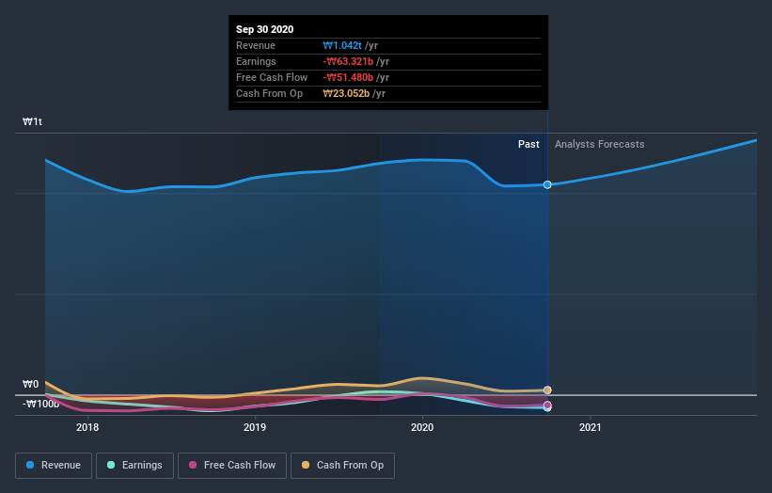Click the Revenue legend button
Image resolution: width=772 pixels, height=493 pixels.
tap(55, 465)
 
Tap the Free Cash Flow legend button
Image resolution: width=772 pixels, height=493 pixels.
tap(230, 465)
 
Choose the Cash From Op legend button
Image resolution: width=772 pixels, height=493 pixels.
tap(342, 465)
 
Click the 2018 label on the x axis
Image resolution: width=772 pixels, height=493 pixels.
tap(87, 427)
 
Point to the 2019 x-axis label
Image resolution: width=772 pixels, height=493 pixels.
tap(255, 427)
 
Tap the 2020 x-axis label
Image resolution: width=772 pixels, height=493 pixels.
tap(422, 427)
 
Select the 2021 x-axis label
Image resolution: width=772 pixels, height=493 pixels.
tap(591, 427)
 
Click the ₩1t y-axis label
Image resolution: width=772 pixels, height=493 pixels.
tap(33, 122)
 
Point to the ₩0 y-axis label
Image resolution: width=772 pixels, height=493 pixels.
tap(31, 385)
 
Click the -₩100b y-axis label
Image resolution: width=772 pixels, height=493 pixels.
tap(41, 404)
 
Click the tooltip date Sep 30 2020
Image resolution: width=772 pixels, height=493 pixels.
tap(264, 29)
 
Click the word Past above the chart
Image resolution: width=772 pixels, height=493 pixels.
tap(528, 144)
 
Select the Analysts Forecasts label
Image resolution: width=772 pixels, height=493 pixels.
tap(600, 144)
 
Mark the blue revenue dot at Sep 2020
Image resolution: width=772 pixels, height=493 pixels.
tap(547, 184)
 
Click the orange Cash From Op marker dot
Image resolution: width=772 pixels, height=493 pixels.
tap(547, 390)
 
